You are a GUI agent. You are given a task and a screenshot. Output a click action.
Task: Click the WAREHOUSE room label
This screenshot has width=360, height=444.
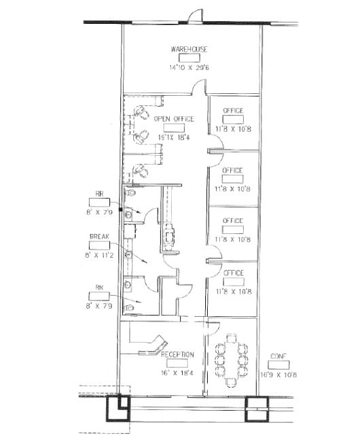(189, 50)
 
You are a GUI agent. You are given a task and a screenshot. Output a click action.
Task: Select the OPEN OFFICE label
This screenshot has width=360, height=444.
(173, 119)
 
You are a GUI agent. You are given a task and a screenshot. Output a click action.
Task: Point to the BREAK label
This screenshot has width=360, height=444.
(99, 237)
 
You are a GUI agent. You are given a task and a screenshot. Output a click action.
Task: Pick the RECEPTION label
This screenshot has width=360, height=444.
(177, 354)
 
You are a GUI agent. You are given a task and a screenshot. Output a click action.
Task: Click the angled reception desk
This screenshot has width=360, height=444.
(156, 345)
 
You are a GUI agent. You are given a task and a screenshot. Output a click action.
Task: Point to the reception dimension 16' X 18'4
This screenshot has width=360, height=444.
(177, 373)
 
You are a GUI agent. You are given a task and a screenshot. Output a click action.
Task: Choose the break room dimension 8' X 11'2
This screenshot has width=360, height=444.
(99, 255)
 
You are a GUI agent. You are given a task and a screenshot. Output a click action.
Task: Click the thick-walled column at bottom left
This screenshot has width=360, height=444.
(120, 409)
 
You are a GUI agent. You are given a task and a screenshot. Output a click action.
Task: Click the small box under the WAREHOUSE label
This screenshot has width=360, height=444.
(189, 58)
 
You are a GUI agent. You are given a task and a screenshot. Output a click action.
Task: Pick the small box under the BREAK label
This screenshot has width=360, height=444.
(99, 245)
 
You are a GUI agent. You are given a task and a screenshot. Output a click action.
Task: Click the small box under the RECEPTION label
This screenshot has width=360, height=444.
(177, 363)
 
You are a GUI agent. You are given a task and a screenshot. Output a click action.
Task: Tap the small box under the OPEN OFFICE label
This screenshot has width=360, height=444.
(174, 128)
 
